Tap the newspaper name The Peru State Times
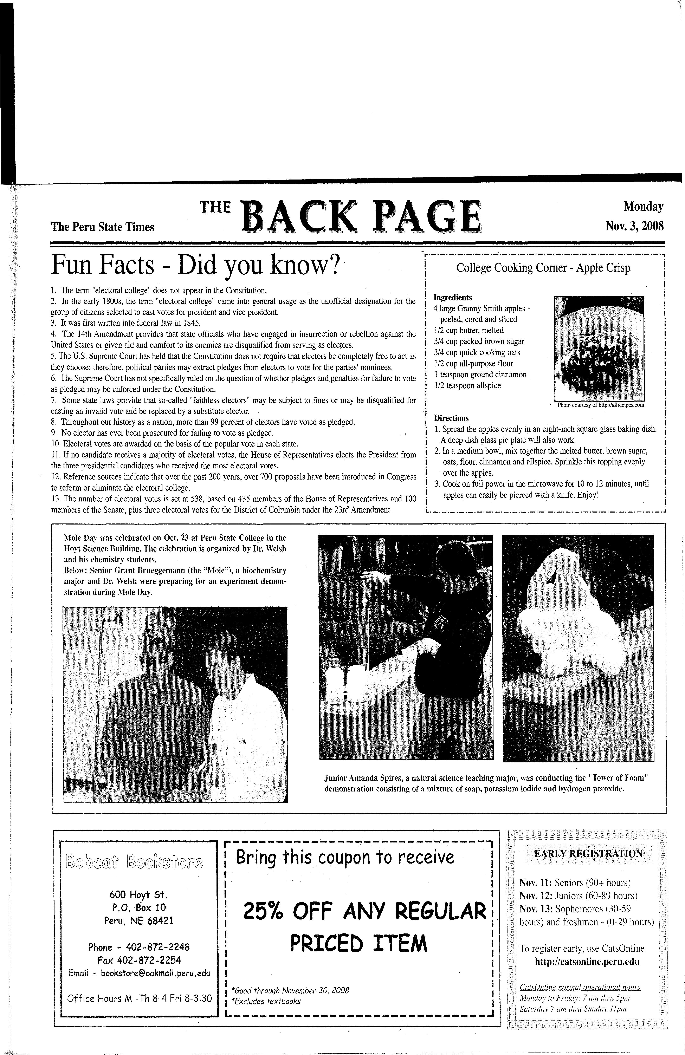(102, 227)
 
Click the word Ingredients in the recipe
(452, 298)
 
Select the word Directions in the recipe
(451, 418)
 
